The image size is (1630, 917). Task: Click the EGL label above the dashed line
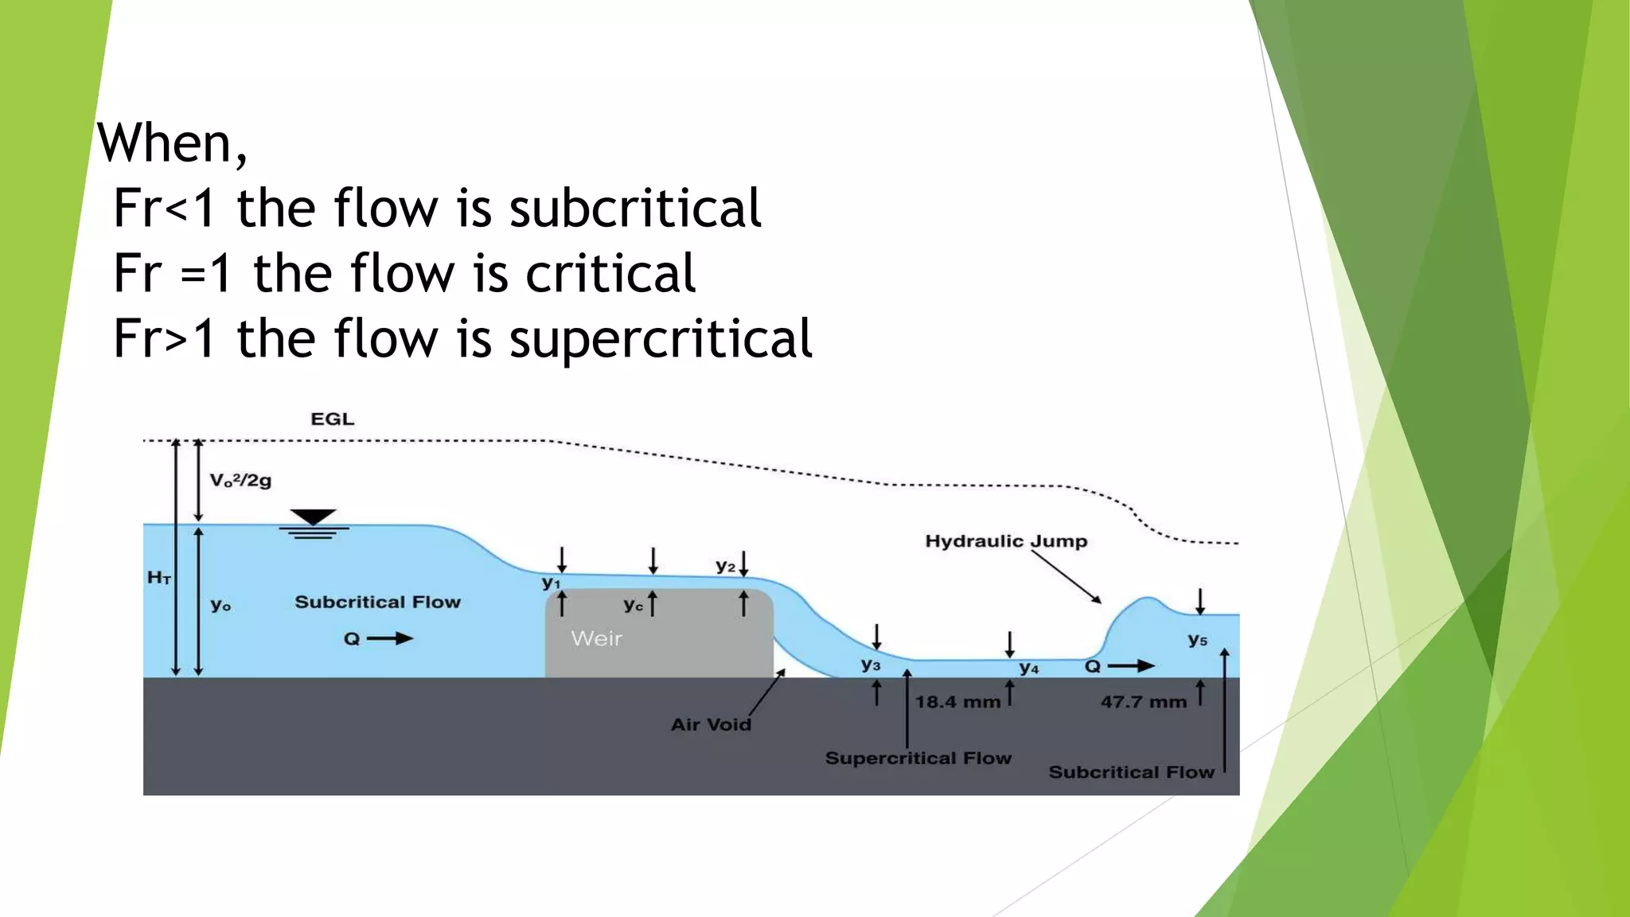332,419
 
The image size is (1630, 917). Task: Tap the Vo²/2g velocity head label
240,480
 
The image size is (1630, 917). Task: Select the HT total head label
159,578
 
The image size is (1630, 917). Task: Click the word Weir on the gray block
596,638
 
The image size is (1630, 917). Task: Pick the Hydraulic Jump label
1006,541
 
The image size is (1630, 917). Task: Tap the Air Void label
711,724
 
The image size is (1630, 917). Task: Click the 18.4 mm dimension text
957,702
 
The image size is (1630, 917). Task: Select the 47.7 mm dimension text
1144,702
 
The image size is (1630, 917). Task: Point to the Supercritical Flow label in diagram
918,758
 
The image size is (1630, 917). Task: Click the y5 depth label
1197,639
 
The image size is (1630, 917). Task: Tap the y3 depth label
871,665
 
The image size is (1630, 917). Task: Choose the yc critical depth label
634,605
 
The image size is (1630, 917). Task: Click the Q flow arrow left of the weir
389,638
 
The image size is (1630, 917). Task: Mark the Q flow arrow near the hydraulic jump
1130,666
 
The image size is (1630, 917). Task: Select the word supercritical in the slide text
661,338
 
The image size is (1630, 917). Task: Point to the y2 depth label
725,566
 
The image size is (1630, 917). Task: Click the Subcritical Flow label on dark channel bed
1131,772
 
